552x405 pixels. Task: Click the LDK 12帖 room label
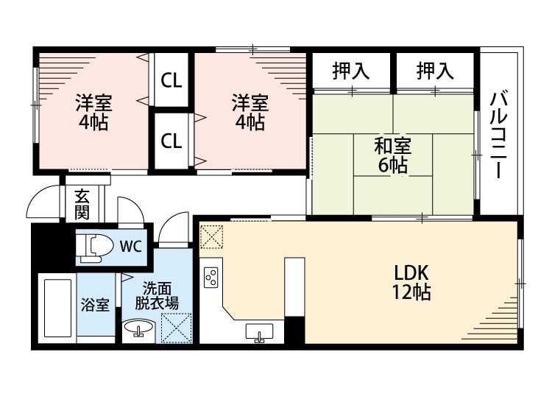pyautogui.click(x=411, y=281)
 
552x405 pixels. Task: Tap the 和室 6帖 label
pyautogui.click(x=393, y=155)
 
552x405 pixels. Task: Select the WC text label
pyautogui.click(x=131, y=245)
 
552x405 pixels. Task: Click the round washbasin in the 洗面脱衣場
pyautogui.click(x=135, y=328)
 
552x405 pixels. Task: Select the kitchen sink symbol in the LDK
pyautogui.click(x=259, y=333)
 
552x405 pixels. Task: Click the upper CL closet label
pyautogui.click(x=172, y=79)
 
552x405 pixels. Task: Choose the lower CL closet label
pyautogui.click(x=172, y=141)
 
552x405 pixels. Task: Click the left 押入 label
pyautogui.click(x=350, y=71)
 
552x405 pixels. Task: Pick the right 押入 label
pyautogui.click(x=435, y=71)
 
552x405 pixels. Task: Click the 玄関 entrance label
pyautogui.click(x=82, y=204)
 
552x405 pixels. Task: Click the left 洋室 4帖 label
pyautogui.click(x=93, y=112)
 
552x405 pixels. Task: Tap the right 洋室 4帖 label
pyautogui.click(x=250, y=112)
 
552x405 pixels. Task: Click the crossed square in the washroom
pyautogui.click(x=177, y=328)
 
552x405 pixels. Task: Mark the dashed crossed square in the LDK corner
pyautogui.click(x=210, y=236)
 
